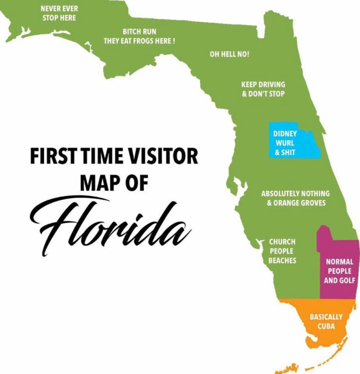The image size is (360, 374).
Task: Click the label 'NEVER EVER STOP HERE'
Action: [59, 13]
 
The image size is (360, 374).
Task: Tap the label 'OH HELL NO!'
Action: [229, 54]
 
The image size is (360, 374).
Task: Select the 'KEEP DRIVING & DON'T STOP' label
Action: [263, 89]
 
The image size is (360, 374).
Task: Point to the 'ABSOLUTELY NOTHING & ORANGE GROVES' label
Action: [295, 198]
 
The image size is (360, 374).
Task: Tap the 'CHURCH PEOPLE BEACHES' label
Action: [282, 251]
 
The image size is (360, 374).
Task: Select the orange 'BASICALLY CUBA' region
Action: [326, 321]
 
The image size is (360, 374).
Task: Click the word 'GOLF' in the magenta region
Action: [346, 280]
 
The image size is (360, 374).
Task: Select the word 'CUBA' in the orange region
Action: [326, 326]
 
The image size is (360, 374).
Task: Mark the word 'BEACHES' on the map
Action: [282, 260]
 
